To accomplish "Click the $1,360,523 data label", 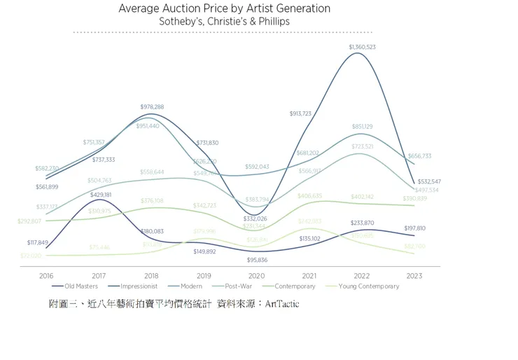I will pyautogui.click(x=362, y=47).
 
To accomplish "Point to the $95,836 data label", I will pyautogui.click(x=257, y=260).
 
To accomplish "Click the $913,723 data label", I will pyautogui.click(x=304, y=113).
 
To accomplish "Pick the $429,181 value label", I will pyautogui.click(x=101, y=195).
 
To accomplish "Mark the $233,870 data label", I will pyautogui.click(x=362, y=223).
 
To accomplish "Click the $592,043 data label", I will pyautogui.click(x=257, y=167).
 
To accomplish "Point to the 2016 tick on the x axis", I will pyautogui.click(x=47, y=276).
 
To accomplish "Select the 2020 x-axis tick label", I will pyautogui.click(x=257, y=276).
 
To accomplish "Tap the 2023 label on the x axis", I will pyautogui.click(x=414, y=276).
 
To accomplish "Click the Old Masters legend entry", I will pyautogui.click(x=79, y=286).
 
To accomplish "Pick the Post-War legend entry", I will pyautogui.click(x=241, y=286).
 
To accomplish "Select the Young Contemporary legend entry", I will pyautogui.click(x=367, y=286).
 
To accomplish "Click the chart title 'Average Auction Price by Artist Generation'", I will pyautogui.click(x=224, y=9).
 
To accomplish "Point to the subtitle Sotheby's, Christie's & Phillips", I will pyautogui.click(x=224, y=22).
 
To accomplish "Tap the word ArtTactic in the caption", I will pyautogui.click(x=282, y=305).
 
